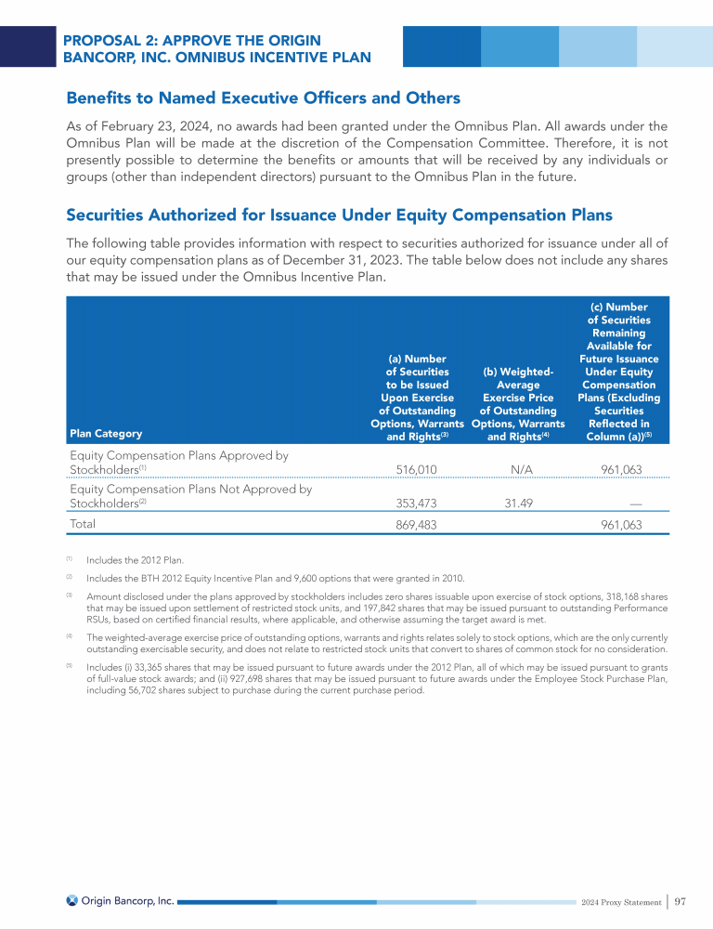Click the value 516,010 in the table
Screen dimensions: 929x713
click(416, 470)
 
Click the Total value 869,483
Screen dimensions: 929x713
click(416, 525)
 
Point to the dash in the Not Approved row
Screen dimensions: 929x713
click(635, 504)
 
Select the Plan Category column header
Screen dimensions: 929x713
click(106, 433)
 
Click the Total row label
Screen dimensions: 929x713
click(84, 524)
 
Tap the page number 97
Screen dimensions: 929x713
click(681, 901)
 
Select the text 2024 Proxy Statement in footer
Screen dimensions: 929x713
click(620, 902)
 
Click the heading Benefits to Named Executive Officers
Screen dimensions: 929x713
click(263, 98)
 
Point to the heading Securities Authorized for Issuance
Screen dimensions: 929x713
click(339, 215)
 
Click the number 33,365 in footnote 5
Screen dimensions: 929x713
click(156, 666)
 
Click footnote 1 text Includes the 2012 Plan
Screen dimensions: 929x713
click(135, 560)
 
